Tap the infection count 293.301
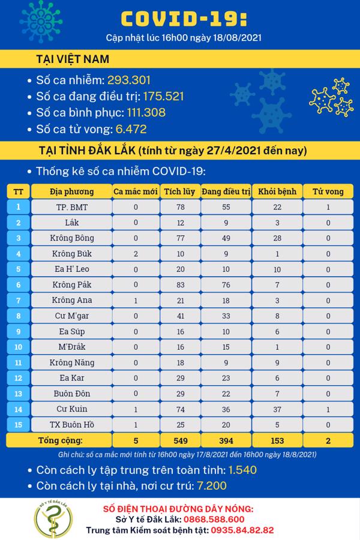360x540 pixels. pos(128,80)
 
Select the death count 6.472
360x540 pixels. pos(126,128)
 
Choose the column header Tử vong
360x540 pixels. pos(329,191)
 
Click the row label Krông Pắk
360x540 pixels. pos(71,284)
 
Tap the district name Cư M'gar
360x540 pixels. pos(71,316)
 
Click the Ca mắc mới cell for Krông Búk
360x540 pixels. pos(136,253)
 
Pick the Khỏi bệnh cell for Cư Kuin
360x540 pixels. pos(277,409)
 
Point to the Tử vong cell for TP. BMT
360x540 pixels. pos(329,207)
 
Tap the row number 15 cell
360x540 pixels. pos(19,425)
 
